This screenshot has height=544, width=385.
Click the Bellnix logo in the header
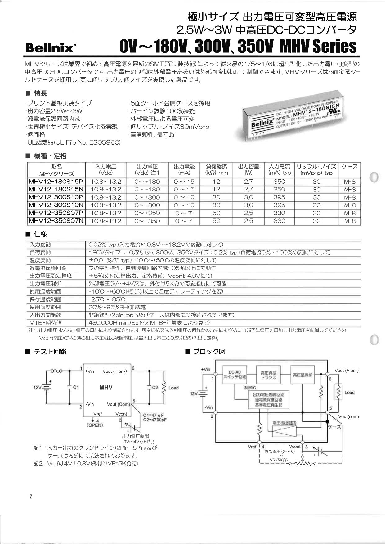(x=50, y=47)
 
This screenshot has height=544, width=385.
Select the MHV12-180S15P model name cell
(x=56, y=182)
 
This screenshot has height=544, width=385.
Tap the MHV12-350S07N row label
(x=56, y=221)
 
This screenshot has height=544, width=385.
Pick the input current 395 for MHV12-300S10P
(x=279, y=197)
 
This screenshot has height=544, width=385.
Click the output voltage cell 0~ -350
(x=147, y=221)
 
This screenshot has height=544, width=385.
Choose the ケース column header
(x=350, y=167)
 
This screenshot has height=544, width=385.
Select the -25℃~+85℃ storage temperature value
(x=107, y=299)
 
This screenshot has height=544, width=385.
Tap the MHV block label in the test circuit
(x=106, y=388)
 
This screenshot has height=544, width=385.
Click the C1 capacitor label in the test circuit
(x=76, y=387)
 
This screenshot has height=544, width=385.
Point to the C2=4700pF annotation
(x=155, y=420)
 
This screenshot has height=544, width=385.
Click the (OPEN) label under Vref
(x=95, y=425)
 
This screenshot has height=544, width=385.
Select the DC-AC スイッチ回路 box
(x=235, y=375)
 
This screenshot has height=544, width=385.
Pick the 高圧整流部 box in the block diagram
(x=302, y=375)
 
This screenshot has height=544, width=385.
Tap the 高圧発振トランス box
(x=268, y=375)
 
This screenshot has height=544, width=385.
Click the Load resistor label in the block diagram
(x=349, y=393)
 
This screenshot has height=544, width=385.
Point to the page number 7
(x=31, y=497)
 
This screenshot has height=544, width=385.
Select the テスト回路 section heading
(x=50, y=352)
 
